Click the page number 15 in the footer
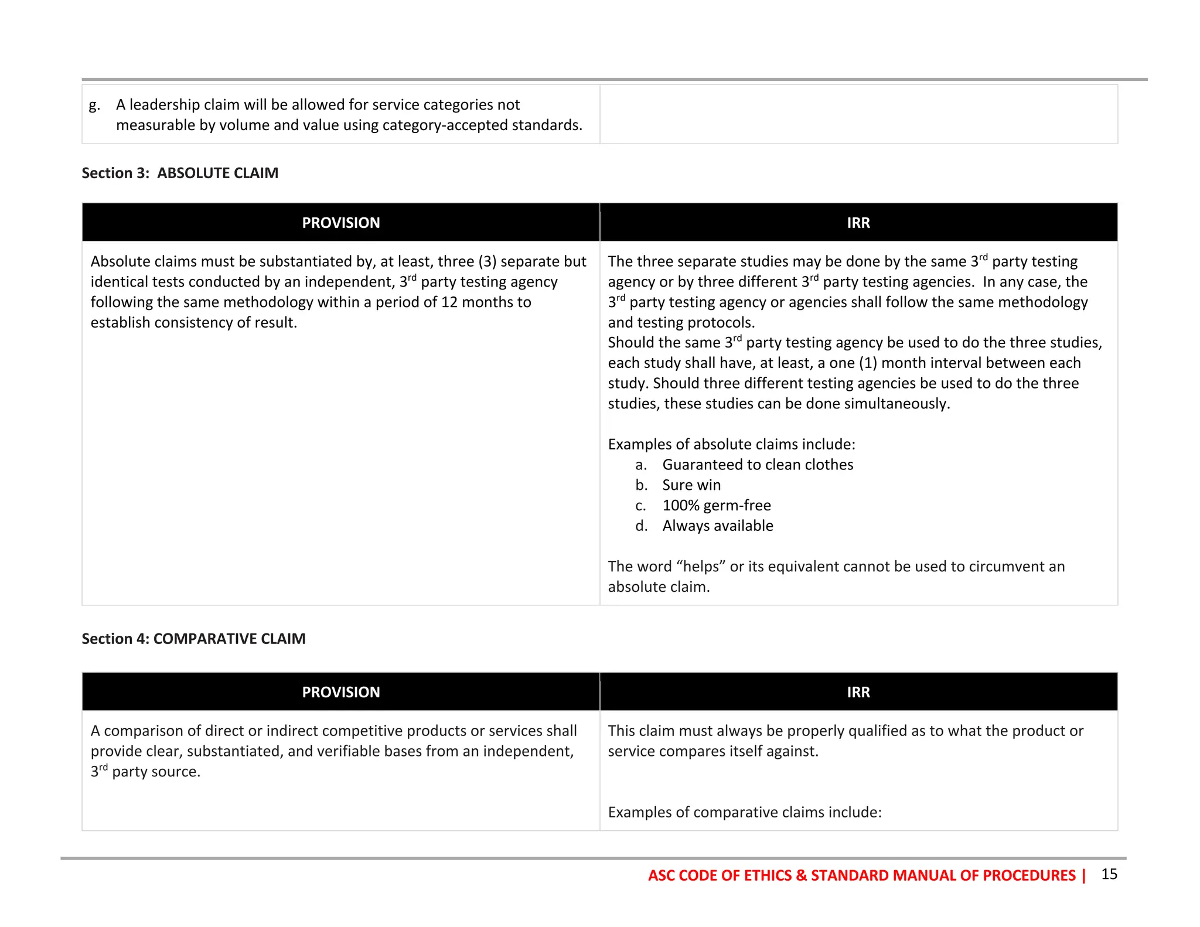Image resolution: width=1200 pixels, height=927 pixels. (1109, 874)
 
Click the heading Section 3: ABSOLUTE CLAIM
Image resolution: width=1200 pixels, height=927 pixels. (180, 173)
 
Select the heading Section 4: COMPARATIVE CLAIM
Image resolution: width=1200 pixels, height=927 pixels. (193, 639)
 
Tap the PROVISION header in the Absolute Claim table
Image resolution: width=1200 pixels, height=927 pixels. (340, 223)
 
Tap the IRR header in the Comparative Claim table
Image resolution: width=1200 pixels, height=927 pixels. (858, 692)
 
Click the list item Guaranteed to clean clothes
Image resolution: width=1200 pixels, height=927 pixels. (757, 465)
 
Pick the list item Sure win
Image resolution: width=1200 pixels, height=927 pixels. (691, 485)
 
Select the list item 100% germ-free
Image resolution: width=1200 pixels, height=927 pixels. (716, 505)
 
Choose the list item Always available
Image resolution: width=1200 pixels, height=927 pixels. (717, 526)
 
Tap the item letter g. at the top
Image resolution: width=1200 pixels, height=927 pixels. (94, 105)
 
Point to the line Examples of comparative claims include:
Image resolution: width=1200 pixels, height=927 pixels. (744, 812)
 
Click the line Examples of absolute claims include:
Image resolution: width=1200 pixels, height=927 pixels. (731, 444)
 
